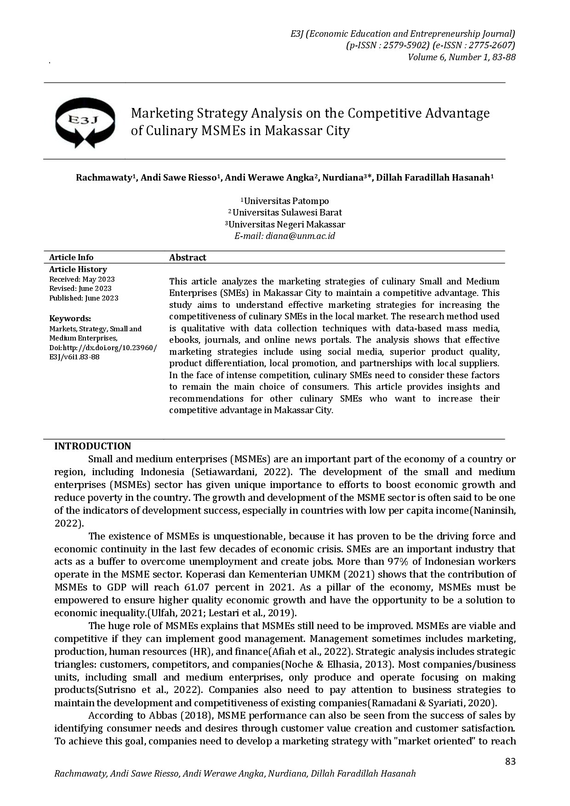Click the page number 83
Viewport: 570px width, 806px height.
(510, 761)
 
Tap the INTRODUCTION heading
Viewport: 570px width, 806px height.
(92, 446)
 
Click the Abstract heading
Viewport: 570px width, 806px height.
(188, 257)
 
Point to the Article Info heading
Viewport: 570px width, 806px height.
(71, 257)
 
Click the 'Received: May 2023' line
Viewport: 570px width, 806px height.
(82, 279)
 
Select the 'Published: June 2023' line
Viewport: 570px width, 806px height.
(84, 298)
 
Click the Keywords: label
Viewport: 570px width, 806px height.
(70, 318)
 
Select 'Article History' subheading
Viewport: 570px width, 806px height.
(78, 269)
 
